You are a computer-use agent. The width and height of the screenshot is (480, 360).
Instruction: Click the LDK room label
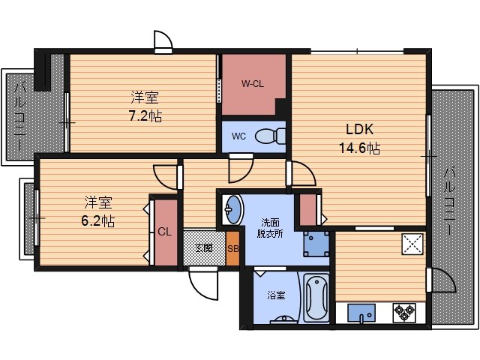360,129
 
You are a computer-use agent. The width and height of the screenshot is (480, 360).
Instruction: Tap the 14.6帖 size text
360,148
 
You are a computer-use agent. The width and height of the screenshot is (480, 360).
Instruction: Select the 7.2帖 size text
145,116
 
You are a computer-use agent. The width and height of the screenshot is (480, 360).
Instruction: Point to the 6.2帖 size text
98,220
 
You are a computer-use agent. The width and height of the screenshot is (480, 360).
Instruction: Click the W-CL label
253,84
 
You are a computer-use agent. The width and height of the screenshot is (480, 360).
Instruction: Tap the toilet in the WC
270,136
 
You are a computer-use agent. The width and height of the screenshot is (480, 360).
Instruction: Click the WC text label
238,136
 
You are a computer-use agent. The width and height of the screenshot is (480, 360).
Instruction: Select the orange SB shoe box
232,248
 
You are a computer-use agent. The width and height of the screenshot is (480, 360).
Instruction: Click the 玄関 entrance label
204,247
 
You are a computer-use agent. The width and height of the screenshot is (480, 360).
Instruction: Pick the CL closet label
165,232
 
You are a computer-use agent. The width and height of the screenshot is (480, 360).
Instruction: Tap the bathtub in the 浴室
316,298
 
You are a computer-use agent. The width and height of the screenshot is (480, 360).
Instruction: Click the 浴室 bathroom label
276,295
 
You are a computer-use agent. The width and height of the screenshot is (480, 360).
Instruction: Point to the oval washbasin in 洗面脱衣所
233,210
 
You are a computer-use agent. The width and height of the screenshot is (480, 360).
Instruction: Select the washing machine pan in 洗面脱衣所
316,244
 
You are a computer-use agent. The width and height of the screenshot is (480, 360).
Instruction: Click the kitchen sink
361,313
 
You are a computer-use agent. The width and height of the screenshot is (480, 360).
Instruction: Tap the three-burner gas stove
404,313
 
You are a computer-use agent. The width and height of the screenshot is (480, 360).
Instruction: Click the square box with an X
412,244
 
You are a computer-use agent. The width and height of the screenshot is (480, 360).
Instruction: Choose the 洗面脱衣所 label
270,228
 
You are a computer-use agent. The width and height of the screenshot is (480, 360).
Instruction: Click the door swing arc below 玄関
203,283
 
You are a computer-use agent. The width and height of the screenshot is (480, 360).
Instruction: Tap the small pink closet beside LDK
308,210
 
